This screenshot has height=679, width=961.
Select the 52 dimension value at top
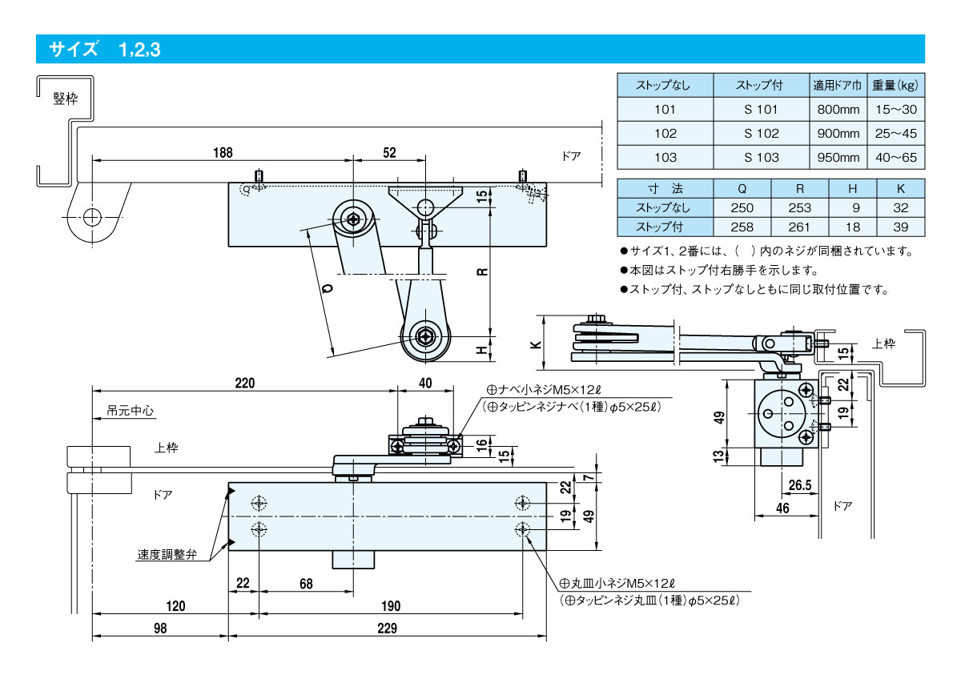389,152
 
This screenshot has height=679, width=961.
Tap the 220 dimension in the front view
244,384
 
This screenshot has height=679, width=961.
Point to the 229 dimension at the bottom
387,629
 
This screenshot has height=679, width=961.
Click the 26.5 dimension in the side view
800,484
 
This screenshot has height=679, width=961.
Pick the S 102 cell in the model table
761,134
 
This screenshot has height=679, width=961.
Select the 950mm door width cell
838,158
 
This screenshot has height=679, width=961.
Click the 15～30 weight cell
896,110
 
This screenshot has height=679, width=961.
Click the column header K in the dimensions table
900,190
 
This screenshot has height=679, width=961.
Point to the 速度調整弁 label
167,554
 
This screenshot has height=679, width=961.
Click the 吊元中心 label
131,411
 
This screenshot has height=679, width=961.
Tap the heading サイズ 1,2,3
105,50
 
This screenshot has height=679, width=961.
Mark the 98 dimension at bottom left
160,629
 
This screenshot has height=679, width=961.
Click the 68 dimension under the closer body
306,584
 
